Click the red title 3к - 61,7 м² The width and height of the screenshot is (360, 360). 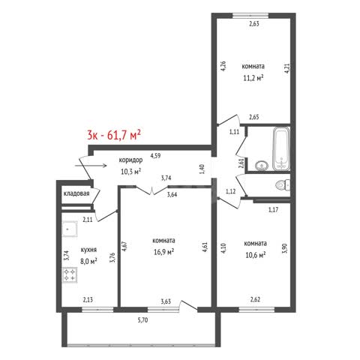[114, 135]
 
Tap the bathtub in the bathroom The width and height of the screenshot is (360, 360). [281, 149]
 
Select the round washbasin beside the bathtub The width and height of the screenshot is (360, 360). [262, 165]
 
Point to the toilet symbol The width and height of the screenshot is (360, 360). [283, 185]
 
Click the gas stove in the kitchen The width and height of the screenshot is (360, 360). [70, 275]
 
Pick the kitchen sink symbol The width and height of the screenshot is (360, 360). [70, 229]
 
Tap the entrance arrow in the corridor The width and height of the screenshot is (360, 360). [91, 166]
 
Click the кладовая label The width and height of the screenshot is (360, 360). [76, 193]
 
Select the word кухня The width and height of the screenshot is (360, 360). [88, 250]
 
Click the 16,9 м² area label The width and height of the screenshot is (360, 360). [164, 252]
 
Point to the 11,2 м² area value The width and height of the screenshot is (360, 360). [253, 78]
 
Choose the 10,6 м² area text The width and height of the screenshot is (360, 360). [255, 255]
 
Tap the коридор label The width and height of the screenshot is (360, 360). [130, 160]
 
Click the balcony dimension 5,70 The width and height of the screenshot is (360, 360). [142, 320]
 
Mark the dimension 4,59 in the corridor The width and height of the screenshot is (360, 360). [155, 156]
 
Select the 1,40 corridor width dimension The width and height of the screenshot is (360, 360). [202, 169]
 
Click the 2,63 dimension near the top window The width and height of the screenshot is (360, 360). [253, 24]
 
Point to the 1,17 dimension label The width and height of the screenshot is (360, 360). [274, 210]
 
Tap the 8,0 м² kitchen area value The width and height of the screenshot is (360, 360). [88, 262]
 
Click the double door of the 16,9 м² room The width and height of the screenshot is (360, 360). [152, 190]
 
